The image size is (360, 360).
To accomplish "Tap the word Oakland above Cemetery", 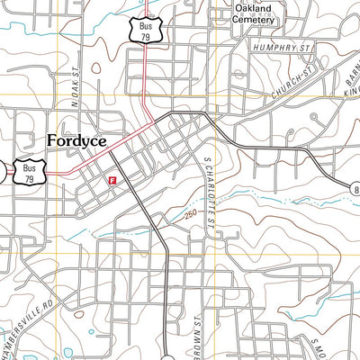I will (253, 12).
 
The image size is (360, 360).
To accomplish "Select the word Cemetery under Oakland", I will (253, 25).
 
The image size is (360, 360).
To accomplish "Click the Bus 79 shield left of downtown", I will (30, 171).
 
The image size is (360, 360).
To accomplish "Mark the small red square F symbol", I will (111, 180).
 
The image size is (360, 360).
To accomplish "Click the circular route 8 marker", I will (354, 188).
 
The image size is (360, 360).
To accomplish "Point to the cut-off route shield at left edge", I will (3, 172).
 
